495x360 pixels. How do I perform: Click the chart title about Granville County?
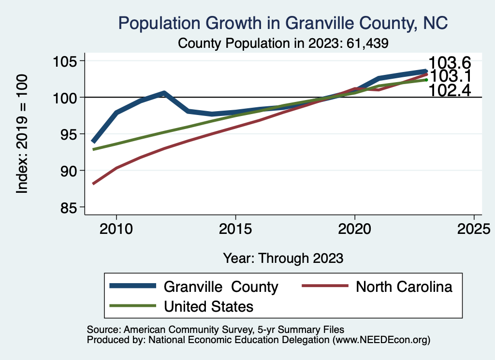tap(283, 23)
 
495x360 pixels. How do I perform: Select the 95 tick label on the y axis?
tap(69, 134)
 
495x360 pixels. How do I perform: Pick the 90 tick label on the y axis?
tap(69, 171)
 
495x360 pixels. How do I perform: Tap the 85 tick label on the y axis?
tap(69, 207)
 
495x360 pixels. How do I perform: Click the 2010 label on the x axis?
tap(116, 228)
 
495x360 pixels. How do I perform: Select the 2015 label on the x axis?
tap(235, 228)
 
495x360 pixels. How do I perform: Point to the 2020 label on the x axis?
tap(355, 228)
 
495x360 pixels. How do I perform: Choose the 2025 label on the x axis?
tap(474, 228)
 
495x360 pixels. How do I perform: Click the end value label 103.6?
tap(450, 63)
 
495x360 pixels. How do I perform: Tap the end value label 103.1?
tap(451, 76)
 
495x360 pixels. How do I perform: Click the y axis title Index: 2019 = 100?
tap(22, 134)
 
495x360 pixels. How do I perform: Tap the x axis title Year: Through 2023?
tap(283, 258)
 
